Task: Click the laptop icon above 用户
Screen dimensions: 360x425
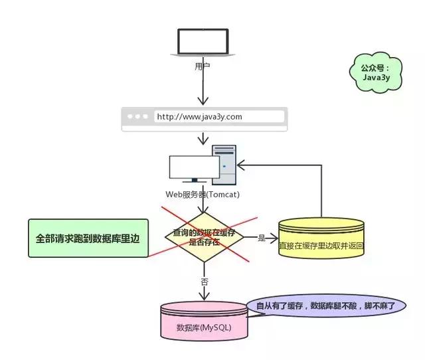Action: (x=203, y=42)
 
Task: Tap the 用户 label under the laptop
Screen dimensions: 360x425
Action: (x=203, y=66)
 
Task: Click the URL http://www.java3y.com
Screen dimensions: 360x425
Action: (x=199, y=117)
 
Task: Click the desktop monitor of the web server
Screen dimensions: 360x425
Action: (x=193, y=167)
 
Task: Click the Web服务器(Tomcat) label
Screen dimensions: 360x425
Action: (x=203, y=195)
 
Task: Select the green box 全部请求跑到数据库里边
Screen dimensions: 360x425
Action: (x=88, y=237)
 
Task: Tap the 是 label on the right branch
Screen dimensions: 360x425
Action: (x=261, y=237)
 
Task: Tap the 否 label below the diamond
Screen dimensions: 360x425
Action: (x=205, y=281)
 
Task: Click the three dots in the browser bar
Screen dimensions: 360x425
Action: (x=138, y=117)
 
